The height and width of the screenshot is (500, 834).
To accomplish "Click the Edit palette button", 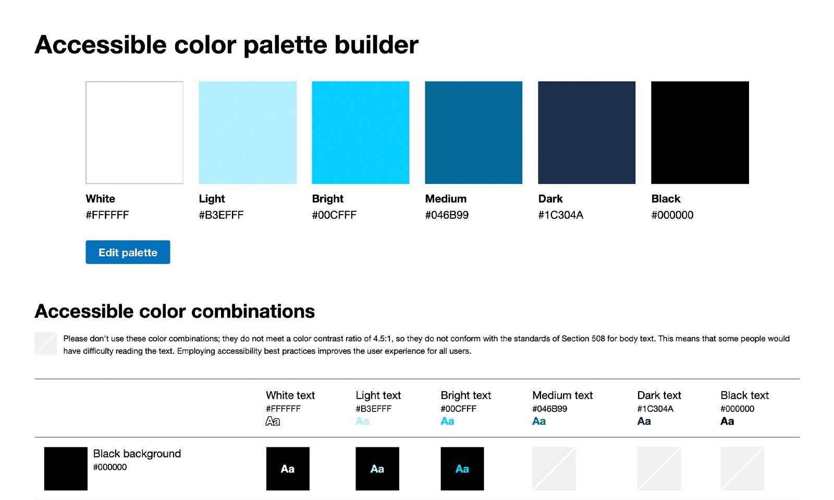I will [x=128, y=252].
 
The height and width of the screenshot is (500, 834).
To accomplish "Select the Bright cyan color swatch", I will [x=360, y=132].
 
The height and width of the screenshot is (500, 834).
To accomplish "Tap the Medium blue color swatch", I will [x=473, y=132].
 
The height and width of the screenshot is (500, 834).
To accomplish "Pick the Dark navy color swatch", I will [x=586, y=132].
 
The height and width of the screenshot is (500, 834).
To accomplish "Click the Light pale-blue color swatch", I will [x=248, y=132].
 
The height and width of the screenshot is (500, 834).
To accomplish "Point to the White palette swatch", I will [x=134, y=132].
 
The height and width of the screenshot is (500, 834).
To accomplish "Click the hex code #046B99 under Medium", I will [x=447, y=215].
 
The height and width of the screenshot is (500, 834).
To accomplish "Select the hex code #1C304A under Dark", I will [x=560, y=215].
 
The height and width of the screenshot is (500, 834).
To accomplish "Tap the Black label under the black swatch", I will [x=666, y=199].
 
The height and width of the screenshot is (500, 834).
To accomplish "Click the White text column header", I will [x=290, y=395].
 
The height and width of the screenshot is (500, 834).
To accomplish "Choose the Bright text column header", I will [x=465, y=395].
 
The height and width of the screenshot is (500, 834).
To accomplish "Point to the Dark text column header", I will [x=659, y=395].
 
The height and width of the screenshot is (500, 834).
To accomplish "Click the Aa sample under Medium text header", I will [x=539, y=421].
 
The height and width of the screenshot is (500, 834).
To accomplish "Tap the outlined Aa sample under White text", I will [x=273, y=421].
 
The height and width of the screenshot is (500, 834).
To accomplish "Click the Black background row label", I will [x=137, y=454].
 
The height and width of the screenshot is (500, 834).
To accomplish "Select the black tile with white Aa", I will [x=288, y=469].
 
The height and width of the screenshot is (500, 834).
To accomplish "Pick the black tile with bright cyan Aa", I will [x=462, y=469].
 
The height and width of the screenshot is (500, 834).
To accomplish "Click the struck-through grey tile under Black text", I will [x=742, y=469].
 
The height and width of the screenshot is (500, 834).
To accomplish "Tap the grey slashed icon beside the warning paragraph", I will [x=45, y=344].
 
